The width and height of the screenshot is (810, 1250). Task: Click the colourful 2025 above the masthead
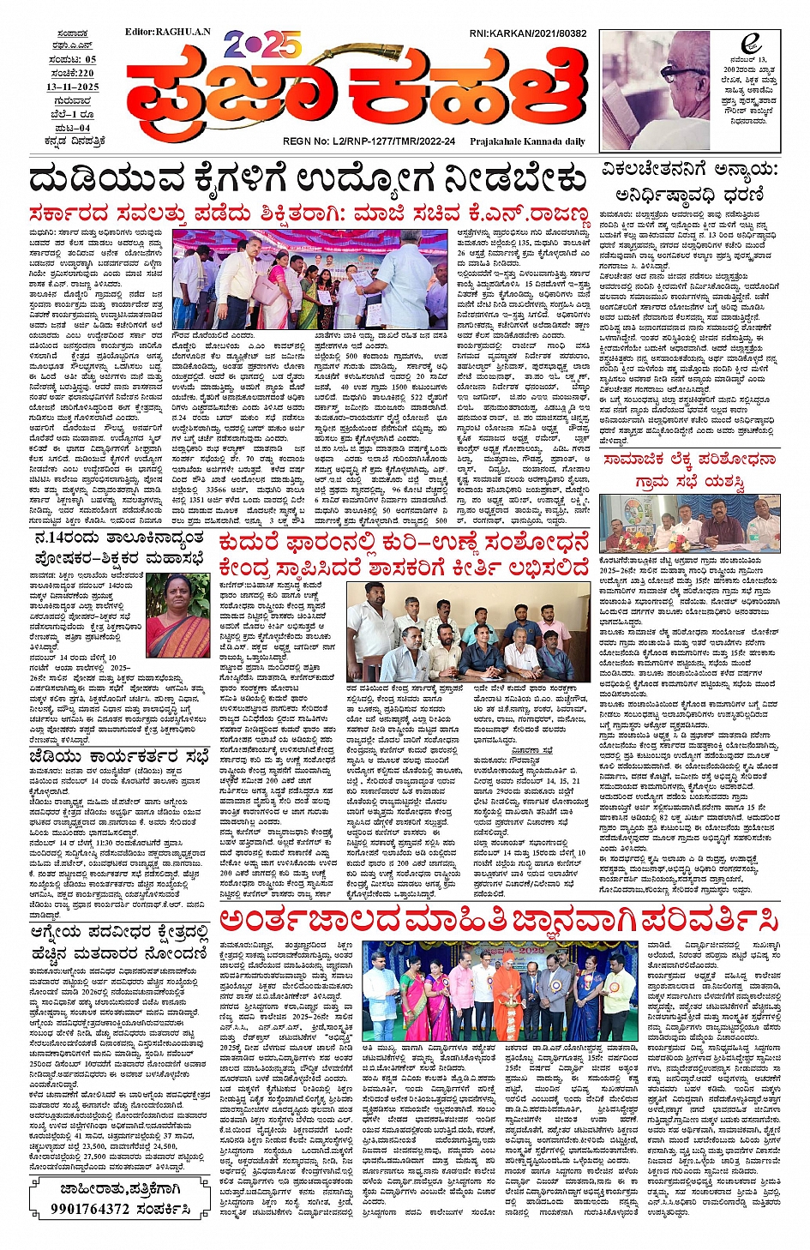pos(262,44)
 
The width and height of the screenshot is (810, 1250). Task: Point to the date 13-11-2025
pos(73,87)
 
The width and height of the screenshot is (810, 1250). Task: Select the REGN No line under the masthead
pos(369,141)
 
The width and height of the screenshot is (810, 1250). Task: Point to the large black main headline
pos(307,181)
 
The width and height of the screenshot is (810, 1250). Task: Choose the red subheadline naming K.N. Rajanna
pos(309,214)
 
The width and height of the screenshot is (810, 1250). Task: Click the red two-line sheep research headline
pos(404,555)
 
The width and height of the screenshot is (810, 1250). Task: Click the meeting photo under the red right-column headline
pos(689,522)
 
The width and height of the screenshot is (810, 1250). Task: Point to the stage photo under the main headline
pos(310,279)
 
